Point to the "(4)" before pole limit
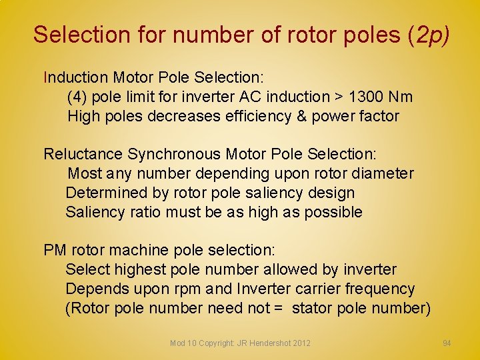[77, 97]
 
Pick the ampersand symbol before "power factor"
[299, 117]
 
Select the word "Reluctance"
[83, 155]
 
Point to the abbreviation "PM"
[55, 251]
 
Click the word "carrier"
[313, 289]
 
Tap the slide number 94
[447, 343]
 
